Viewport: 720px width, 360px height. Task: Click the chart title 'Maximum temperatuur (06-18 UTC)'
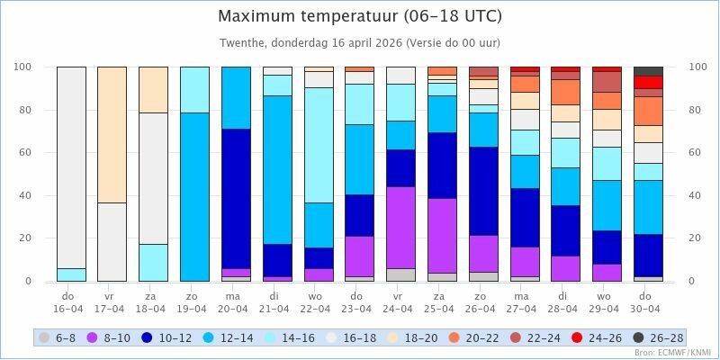tap(360, 16)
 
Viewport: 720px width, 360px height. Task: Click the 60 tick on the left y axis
tap(24, 152)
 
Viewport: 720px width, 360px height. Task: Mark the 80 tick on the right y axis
tap(696, 110)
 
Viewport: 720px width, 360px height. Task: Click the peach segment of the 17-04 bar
tap(112, 135)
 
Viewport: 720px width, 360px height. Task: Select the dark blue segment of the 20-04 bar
tap(236, 198)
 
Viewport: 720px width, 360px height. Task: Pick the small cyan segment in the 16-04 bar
tap(71, 274)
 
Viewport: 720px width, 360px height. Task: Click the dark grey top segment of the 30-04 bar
tap(648, 71)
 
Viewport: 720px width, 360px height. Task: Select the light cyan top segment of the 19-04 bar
tap(194, 89)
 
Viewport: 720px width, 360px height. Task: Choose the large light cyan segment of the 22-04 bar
tap(319, 144)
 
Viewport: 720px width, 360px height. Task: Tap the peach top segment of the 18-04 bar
tap(153, 89)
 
